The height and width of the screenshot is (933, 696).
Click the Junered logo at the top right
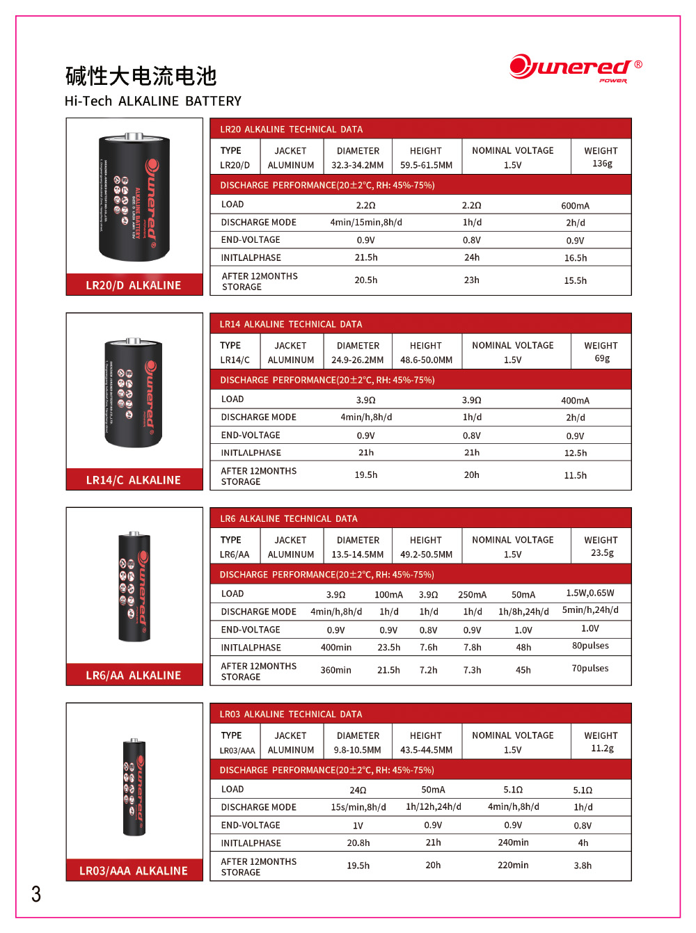[575, 68]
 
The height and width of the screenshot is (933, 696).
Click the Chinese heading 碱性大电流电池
[141, 76]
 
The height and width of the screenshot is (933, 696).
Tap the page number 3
[36, 894]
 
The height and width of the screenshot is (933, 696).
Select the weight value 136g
[602, 164]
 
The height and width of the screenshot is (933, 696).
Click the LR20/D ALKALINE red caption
[134, 285]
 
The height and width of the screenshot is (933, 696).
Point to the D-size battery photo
[134, 197]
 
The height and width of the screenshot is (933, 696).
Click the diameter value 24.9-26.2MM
[358, 360]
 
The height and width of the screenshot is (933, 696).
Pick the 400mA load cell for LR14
[575, 400]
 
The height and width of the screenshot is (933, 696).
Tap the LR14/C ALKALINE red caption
[134, 480]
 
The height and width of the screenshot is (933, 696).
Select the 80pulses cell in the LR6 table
[590, 646]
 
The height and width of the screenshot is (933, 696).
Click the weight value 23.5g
[602, 552]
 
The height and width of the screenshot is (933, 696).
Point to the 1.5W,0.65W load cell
[590, 593]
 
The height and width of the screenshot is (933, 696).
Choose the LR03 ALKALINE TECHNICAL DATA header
[291, 714]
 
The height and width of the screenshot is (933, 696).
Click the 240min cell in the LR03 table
[513, 843]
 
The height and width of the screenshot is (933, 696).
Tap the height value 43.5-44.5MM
[426, 750]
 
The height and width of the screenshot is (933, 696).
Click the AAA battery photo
[134, 786]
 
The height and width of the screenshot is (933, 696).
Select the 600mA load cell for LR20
[575, 205]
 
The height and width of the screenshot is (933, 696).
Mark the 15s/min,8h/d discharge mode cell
[358, 807]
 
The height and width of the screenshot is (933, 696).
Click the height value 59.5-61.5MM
[426, 165]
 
